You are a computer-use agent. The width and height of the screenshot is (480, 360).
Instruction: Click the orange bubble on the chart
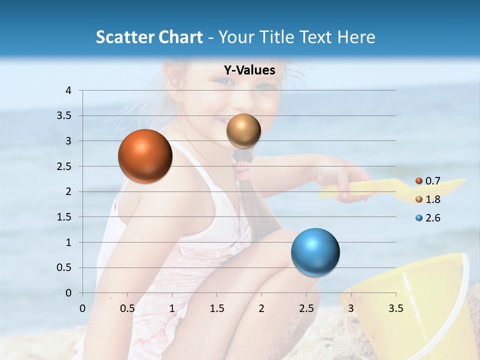click(145, 156)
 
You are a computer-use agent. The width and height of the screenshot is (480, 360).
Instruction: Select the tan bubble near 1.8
click(243, 131)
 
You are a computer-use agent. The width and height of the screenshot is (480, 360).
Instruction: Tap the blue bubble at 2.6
click(315, 252)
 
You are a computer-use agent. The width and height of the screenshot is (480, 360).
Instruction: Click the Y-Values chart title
click(249, 70)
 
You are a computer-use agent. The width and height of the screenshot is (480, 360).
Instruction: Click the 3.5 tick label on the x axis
click(395, 308)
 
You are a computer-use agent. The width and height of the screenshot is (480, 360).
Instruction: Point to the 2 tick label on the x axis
click(261, 308)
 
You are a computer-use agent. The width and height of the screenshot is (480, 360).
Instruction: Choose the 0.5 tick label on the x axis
click(127, 308)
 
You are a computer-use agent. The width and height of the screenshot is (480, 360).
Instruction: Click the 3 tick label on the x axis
click(350, 308)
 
